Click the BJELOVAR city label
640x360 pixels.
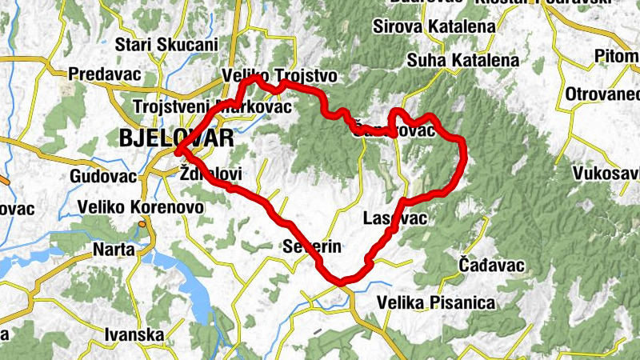176,137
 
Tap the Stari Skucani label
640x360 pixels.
166,45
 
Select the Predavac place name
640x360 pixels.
105,74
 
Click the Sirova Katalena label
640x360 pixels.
434,27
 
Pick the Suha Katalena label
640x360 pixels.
462,60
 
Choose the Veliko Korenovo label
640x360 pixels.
140,208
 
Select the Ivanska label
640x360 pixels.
134,334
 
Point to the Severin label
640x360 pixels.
313,246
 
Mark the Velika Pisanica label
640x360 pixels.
436,303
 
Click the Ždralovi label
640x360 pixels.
211,174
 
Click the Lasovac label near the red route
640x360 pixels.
394,218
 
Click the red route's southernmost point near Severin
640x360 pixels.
342,282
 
